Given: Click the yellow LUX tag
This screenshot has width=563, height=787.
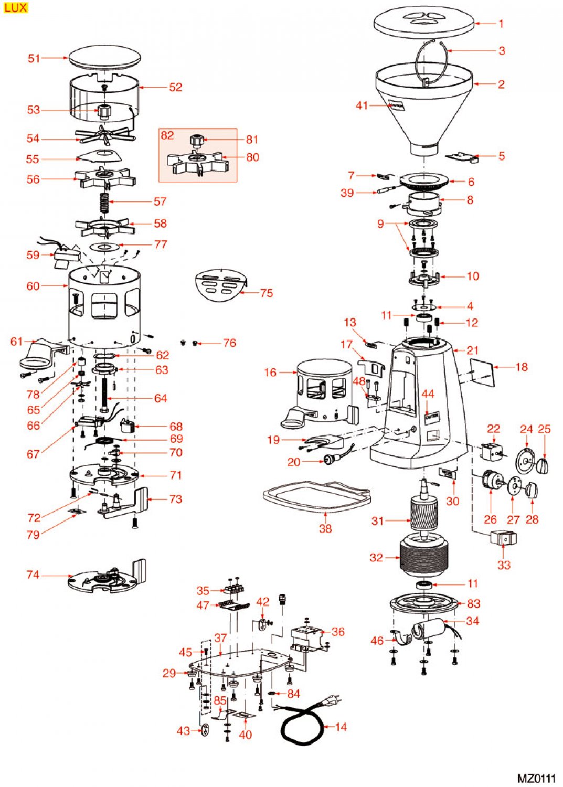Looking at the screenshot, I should coord(15,7).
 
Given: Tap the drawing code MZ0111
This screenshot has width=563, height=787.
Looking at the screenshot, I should coord(536,778).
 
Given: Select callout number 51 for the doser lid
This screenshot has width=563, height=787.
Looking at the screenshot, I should coord(34,58).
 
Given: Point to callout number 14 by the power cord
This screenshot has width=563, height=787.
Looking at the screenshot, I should coord(341,727).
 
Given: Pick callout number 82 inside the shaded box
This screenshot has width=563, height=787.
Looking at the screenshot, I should coord(167,135).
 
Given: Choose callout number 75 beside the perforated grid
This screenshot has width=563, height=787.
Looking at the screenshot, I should coord(267,293).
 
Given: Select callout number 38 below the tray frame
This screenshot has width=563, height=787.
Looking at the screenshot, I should coord(325,528).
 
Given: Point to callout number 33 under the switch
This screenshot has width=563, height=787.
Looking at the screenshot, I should coord(504,565).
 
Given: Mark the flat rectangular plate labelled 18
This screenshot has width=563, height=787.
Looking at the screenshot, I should coord(482,373).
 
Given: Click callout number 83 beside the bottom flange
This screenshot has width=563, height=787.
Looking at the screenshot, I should coord(473,603).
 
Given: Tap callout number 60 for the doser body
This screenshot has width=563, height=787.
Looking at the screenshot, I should coord(33,286).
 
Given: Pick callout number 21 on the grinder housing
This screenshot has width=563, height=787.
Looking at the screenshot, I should coord(472,350).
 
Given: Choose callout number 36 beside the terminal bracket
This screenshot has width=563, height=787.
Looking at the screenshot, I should coord(338,632).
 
